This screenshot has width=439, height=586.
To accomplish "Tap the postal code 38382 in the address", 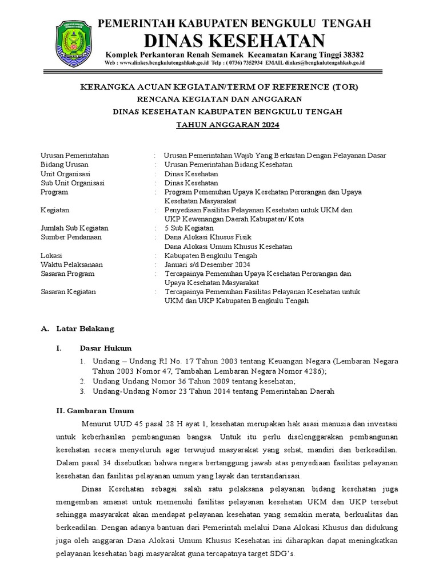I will click(351, 54).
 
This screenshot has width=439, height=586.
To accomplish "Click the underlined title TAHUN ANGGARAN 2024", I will click(227, 125).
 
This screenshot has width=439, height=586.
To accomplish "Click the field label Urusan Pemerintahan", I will click(74, 155).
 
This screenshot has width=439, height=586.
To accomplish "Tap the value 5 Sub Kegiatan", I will click(189, 228).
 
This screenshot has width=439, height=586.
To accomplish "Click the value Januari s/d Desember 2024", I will click(207, 264).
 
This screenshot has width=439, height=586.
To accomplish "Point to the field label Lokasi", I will click(51, 255).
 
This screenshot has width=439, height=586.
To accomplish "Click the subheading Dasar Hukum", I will click(105, 347).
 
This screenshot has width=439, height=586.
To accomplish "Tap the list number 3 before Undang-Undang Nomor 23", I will click(82, 391).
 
